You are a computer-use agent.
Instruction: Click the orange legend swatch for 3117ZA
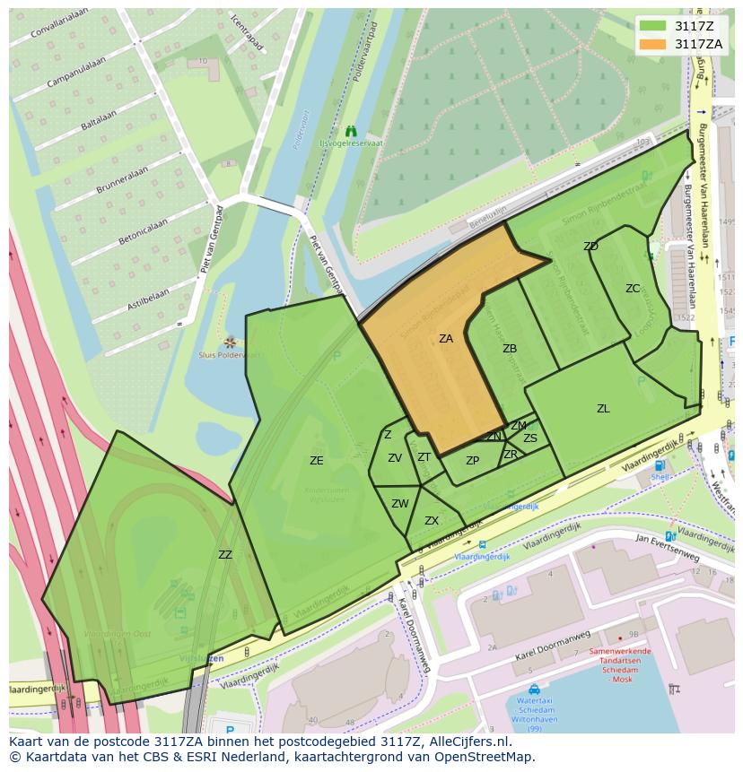(652, 43)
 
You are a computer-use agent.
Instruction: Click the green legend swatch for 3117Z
(652, 25)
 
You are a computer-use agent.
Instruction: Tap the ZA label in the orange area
(446, 339)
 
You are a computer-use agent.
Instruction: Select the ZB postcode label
(510, 349)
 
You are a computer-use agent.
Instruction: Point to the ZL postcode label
(603, 409)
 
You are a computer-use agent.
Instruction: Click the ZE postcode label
(316, 461)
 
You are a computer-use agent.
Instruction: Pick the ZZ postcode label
(225, 555)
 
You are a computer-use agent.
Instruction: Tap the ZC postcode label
(633, 289)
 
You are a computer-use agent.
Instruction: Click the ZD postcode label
(590, 247)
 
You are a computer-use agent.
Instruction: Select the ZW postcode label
(400, 504)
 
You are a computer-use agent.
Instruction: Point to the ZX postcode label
(432, 521)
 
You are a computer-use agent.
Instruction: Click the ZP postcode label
(472, 461)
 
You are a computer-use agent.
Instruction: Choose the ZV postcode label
(395, 458)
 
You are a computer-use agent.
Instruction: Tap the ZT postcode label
(424, 457)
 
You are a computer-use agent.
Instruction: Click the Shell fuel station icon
(660, 465)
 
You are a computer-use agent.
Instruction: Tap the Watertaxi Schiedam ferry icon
(534, 690)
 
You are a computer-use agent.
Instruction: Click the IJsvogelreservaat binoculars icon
(351, 131)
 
